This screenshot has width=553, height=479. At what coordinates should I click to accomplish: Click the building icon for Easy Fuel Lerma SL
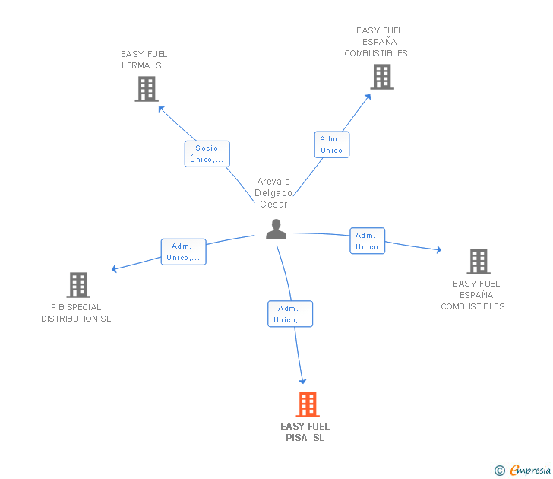[146, 89]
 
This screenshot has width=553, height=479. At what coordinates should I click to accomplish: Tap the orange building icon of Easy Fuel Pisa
[307, 404]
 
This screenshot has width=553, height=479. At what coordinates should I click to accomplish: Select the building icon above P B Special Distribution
[78, 285]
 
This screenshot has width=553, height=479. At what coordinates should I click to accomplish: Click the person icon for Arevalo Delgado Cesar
[276, 229]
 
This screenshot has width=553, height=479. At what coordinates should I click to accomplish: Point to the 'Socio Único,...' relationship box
[207, 154]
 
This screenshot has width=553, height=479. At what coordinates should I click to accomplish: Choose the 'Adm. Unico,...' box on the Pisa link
[289, 314]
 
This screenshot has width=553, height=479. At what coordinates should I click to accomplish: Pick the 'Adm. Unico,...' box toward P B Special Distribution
[183, 252]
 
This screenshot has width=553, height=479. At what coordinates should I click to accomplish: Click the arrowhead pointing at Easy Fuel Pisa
[303, 381]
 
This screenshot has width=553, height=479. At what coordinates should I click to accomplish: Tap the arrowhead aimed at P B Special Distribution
[114, 268]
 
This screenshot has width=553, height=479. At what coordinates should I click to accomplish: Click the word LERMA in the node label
[136, 65]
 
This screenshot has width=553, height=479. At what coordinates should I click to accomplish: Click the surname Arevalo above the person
[273, 182]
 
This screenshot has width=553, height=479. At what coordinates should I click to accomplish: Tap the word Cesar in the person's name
[273, 204]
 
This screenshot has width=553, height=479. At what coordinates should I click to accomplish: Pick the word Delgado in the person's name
[273, 193]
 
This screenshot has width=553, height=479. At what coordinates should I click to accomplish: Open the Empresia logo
[530, 471]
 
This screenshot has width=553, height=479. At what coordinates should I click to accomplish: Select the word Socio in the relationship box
[207, 148]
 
